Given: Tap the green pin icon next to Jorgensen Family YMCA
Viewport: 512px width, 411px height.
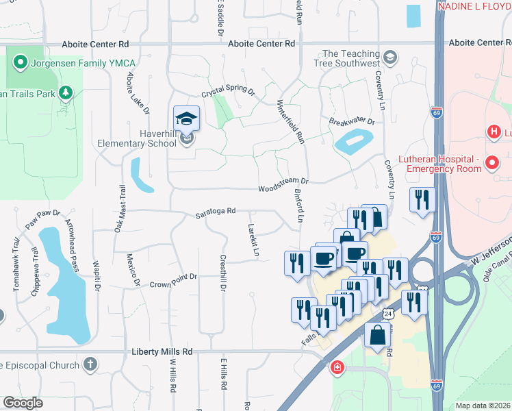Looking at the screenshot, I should point(21,64).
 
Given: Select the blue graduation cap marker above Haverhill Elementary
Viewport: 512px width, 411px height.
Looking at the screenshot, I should point(186,119).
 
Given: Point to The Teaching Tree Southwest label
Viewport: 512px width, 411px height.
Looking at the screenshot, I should point(350,59).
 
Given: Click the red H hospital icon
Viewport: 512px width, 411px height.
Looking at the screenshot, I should point(492,131).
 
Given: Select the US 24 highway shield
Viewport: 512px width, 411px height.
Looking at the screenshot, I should point(388,313).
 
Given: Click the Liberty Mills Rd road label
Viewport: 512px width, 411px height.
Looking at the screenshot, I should point(162,351).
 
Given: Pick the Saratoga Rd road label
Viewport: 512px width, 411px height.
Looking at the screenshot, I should point(218,210).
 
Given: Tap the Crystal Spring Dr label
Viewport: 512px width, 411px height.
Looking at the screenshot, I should point(227,92).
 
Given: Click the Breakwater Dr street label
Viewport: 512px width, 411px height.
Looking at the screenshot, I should point(351,121).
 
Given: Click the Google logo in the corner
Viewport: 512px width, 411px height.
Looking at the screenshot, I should point(23,403).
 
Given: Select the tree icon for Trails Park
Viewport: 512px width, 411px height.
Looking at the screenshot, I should point(66,92).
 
